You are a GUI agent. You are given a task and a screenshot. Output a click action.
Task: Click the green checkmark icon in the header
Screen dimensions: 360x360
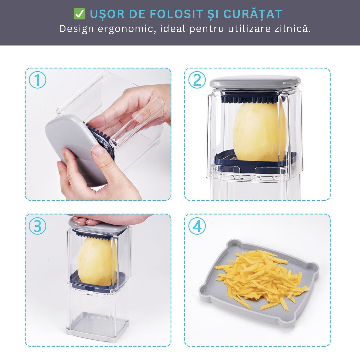[x=79, y=14]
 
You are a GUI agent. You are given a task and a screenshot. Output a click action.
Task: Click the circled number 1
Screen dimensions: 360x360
[x=37, y=80]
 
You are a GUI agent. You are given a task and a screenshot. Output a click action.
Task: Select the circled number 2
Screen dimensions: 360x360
[x=197, y=80]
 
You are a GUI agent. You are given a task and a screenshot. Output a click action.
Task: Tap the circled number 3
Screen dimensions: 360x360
[x=37, y=226]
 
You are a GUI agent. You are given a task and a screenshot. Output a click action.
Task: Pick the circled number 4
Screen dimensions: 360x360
[x=197, y=226]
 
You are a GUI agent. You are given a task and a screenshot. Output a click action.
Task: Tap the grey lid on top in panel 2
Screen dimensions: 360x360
[x=255, y=82]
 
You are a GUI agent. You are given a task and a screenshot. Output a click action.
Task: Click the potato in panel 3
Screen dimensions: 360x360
[x=97, y=260]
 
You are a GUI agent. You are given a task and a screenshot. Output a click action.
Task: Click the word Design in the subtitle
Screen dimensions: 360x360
[x=76, y=29]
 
